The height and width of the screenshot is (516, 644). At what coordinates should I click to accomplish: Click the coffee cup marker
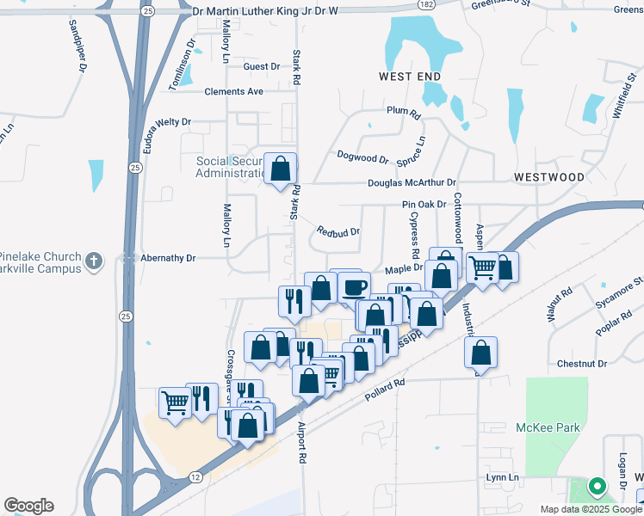tap(354, 286)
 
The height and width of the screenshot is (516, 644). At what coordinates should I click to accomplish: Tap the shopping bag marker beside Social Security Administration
tap(280, 169)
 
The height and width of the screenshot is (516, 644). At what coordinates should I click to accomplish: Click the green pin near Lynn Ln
tap(596, 487)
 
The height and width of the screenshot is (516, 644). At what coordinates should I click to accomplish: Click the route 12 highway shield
tap(196, 476)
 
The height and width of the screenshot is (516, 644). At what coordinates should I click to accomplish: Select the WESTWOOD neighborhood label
tap(548, 176)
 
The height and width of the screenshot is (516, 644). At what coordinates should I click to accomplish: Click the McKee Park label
tap(548, 427)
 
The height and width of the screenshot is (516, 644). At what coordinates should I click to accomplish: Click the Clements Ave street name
tap(233, 92)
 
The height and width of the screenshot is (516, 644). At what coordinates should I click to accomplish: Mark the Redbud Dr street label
tap(337, 231)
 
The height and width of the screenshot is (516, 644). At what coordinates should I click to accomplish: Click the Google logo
tap(28, 506)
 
